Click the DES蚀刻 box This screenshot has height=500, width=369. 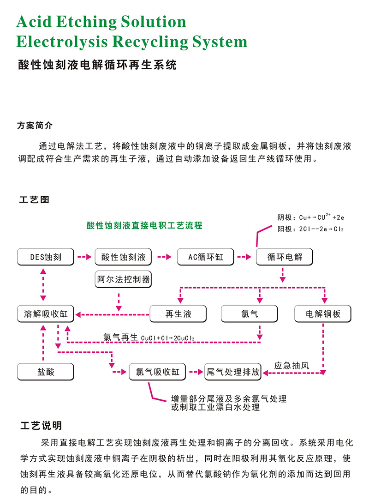pyautogui.click(x=45, y=257)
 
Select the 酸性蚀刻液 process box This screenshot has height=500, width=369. pyautogui.click(x=123, y=257)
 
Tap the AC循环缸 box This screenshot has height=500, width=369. pyautogui.click(x=206, y=257)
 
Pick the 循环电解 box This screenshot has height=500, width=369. pyautogui.click(x=285, y=257)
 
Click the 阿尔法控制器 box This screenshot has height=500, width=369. pyautogui.click(x=123, y=280)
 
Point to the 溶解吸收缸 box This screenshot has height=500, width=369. pyautogui.click(x=45, y=314)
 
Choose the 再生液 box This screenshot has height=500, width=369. pyautogui.click(x=178, y=314)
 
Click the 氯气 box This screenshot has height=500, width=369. pyautogui.click(x=250, y=314)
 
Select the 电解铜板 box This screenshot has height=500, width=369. pyautogui.click(x=323, y=314)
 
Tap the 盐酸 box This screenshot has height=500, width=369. pyautogui.click(x=45, y=371)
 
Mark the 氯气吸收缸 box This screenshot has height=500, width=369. pyautogui.click(x=157, y=372)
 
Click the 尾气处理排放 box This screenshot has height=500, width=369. pyautogui.click(x=233, y=372)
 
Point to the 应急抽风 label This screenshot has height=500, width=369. pyautogui.click(x=292, y=365)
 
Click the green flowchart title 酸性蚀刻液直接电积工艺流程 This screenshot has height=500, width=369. pyautogui.click(x=144, y=226)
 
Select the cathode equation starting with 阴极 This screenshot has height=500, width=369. pyautogui.click(x=310, y=217)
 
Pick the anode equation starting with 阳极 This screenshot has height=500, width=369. pyautogui.click(x=310, y=229)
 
